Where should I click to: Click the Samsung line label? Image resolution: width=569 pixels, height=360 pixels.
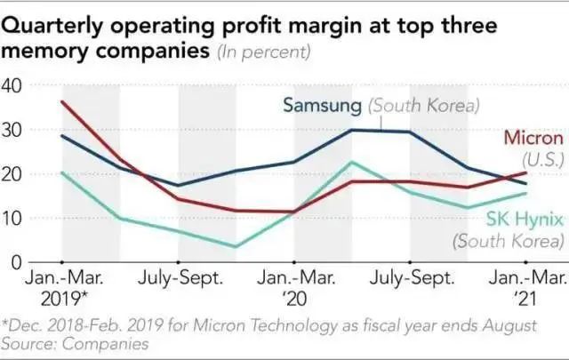(322, 106)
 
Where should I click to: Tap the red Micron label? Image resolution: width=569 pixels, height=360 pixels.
(533, 138)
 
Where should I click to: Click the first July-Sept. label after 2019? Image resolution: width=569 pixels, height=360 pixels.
(179, 277)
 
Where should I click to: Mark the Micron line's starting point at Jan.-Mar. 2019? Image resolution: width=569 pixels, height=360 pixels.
(63, 101)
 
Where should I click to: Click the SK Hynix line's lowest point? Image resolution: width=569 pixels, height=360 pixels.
(236, 246)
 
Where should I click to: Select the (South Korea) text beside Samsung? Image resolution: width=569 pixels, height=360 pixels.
(423, 106)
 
